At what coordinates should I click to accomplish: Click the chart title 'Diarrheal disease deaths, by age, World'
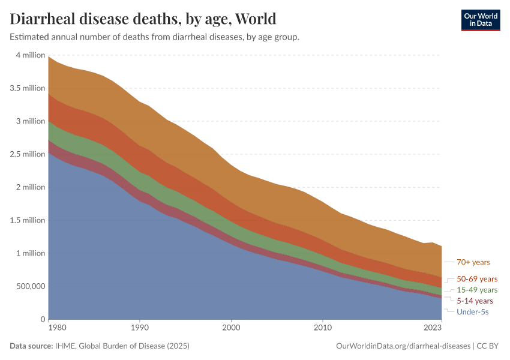(143, 19)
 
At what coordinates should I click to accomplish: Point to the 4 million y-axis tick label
(30, 55)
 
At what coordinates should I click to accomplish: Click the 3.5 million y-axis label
(28, 88)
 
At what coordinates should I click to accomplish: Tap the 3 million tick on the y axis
(30, 121)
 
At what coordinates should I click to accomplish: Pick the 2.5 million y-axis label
(28, 154)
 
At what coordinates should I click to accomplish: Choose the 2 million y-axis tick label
(30, 187)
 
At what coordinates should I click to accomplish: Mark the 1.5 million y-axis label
(28, 220)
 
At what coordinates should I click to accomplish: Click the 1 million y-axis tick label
(30, 253)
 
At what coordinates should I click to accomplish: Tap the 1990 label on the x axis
(139, 328)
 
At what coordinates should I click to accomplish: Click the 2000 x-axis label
(231, 328)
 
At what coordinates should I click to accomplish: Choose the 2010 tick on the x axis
(322, 328)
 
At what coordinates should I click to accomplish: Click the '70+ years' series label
(473, 262)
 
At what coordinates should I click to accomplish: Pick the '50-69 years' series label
(477, 279)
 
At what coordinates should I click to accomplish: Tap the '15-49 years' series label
(477, 290)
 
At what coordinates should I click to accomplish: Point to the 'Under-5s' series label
(472, 312)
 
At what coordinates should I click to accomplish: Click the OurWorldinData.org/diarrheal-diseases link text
(403, 346)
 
